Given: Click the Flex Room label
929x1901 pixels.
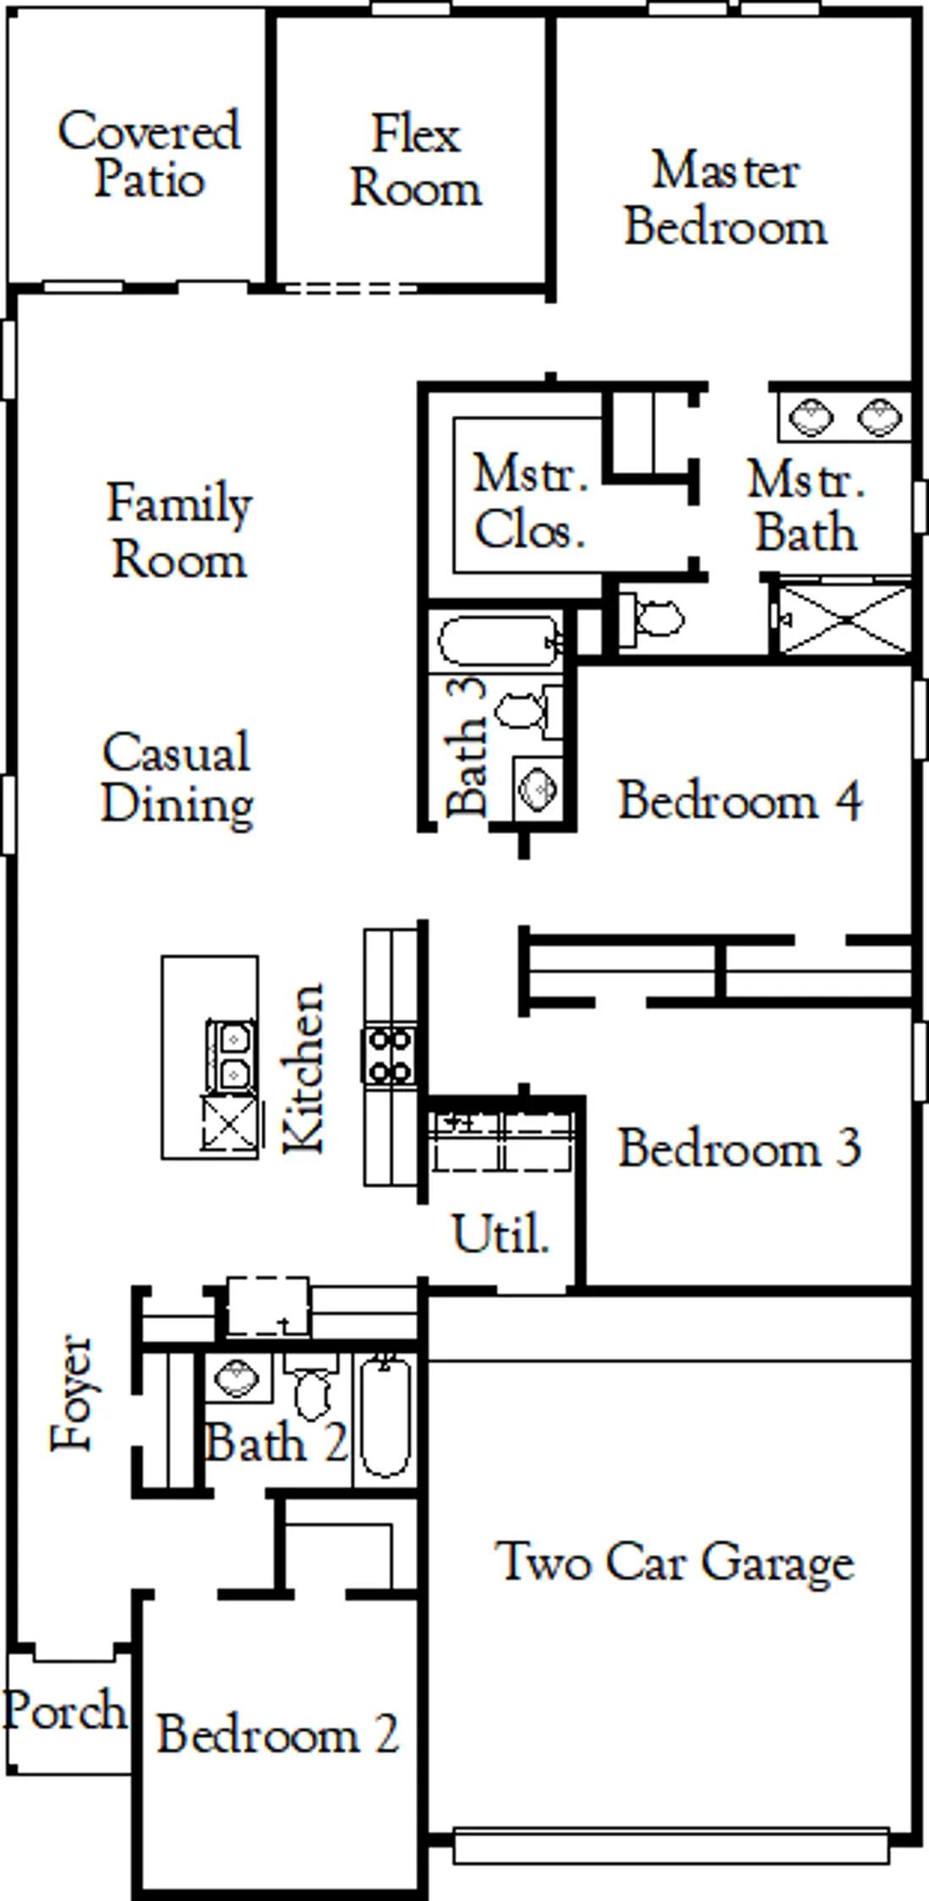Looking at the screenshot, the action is pyautogui.click(x=416, y=161).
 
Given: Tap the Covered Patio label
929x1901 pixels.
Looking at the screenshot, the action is pyautogui.click(x=149, y=154).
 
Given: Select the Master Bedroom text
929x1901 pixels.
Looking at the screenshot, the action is pyautogui.click(x=725, y=199).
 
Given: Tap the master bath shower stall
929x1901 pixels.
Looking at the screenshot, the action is pyautogui.click(x=844, y=619).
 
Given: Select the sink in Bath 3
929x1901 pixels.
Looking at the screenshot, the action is pyautogui.click(x=538, y=788).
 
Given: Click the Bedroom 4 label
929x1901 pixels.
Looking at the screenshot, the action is pyautogui.click(x=740, y=800).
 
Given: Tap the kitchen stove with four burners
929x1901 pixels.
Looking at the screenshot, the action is pyautogui.click(x=390, y=1055).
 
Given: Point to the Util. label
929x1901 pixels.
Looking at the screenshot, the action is pyautogui.click(x=501, y=1234).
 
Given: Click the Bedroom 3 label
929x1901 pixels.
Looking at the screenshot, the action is pyautogui.click(x=740, y=1147).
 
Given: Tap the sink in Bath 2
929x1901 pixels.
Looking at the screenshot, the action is pyautogui.click(x=238, y=1379).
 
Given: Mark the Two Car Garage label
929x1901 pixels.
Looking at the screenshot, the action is pyautogui.click(x=675, y=1562).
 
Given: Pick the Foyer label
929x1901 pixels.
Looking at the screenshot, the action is pyautogui.click(x=71, y=1393).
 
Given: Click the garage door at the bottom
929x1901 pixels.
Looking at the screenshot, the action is pyautogui.click(x=671, y=1845).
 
